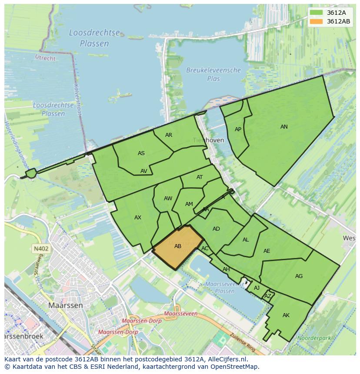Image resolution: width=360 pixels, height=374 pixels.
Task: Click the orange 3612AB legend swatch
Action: pyautogui.click(x=317, y=21)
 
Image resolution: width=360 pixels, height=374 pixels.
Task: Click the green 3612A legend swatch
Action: pyautogui.click(x=317, y=13)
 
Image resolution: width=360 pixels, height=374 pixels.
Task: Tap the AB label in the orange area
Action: pyautogui.click(x=177, y=246)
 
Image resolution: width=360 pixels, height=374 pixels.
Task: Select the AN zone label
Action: pyautogui.click(x=284, y=127)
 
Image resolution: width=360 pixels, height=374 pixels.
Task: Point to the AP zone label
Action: pyautogui.click(x=238, y=129)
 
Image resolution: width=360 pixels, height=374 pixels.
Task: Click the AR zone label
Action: pyautogui.click(x=169, y=135)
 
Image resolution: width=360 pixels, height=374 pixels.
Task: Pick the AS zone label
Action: pyautogui.click(x=141, y=153)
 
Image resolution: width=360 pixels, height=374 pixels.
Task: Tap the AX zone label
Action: pyautogui.click(x=138, y=218)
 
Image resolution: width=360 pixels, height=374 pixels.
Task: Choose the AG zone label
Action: pyautogui.click(x=299, y=276)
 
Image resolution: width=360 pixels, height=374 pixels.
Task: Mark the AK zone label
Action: pyautogui.click(x=286, y=315)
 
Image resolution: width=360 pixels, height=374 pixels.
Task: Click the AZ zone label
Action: pyautogui.click(x=268, y=296)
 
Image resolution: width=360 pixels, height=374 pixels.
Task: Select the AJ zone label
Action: pyautogui.click(x=257, y=288)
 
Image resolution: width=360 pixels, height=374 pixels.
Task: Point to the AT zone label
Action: pyautogui.click(x=200, y=177)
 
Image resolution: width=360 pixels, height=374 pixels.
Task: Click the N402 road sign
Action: pyautogui.click(x=40, y=249)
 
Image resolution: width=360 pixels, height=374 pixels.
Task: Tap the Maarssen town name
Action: pyautogui.click(x=65, y=305)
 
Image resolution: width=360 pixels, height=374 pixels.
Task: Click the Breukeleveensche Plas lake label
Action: pyautogui.click(x=213, y=74)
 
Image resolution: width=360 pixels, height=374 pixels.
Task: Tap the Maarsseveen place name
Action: pyautogui.click(x=181, y=313)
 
